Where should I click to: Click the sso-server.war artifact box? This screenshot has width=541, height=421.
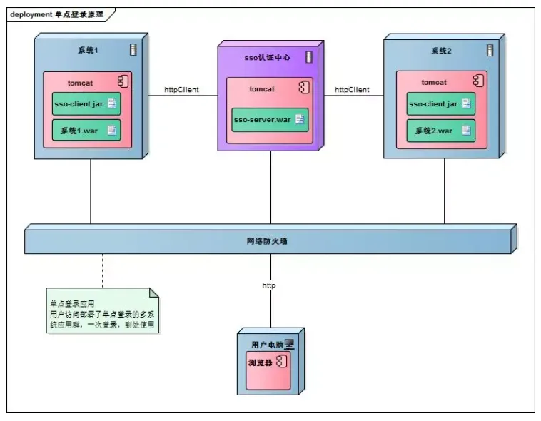tap(270, 120)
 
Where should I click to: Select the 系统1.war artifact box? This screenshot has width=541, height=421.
tap(86, 130)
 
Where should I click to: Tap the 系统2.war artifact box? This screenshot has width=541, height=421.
tap(440, 131)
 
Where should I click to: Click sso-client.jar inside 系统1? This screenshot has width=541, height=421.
tap(86, 103)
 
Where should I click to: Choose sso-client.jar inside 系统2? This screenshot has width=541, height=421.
tap(440, 103)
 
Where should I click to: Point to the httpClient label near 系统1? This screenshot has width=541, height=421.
tap(181, 90)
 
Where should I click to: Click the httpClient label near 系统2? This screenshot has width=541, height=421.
tap(352, 90)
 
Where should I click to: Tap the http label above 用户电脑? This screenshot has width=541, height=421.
tap(269, 285)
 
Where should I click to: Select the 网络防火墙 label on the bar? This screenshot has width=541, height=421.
tap(267, 241)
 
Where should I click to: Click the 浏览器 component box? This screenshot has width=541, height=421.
tap(268, 370)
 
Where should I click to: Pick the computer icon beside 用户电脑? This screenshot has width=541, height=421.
tap(289, 344)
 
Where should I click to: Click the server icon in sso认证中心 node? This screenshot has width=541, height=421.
tap(309, 57)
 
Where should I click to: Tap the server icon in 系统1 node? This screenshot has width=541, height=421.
tap(133, 49)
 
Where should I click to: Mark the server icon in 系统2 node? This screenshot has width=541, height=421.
tap(490, 50)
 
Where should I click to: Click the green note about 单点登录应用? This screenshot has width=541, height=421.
tap(103, 310)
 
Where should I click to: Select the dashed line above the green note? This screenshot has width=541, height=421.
tap(103, 271)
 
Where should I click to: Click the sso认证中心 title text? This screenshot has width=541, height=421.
tap(268, 57)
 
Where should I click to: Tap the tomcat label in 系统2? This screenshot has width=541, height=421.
tap(434, 82)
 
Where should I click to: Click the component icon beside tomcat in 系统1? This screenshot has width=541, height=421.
tap(123, 81)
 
